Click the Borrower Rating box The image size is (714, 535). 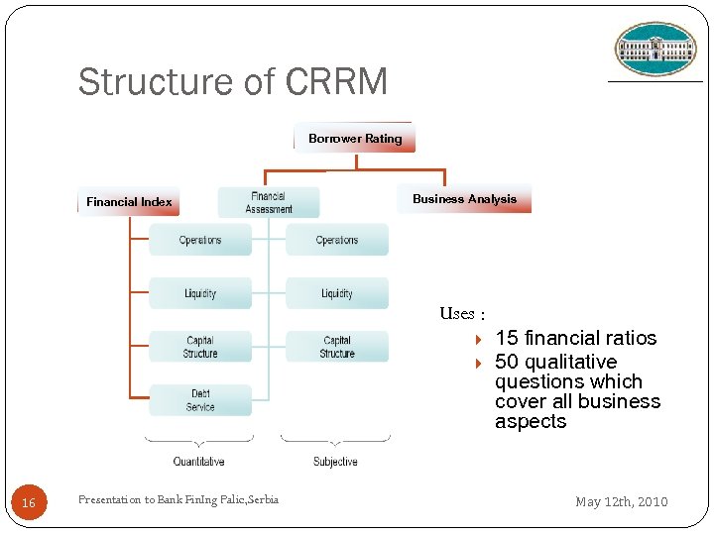tap(355, 138)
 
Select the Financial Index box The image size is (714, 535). tap(129, 201)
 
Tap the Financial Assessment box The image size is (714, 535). tap(269, 202)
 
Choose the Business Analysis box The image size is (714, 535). tap(464, 199)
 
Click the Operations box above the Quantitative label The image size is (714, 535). tap(200, 240)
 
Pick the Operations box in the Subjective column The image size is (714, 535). tap(337, 240)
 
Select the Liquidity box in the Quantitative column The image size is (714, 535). tap(200, 293)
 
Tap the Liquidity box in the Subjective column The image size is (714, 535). tap(337, 293)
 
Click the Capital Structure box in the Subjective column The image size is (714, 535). tap(337, 347)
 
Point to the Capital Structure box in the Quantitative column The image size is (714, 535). tap(200, 347)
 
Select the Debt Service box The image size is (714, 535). tap(200, 400)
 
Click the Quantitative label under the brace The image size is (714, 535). tap(199, 462)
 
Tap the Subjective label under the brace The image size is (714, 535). tap(335, 462)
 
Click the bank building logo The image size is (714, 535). tap(655, 50)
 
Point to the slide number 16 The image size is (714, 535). tap(29, 503)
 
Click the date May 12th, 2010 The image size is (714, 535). tap(622, 502)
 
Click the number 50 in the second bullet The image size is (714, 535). tap(507, 362)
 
